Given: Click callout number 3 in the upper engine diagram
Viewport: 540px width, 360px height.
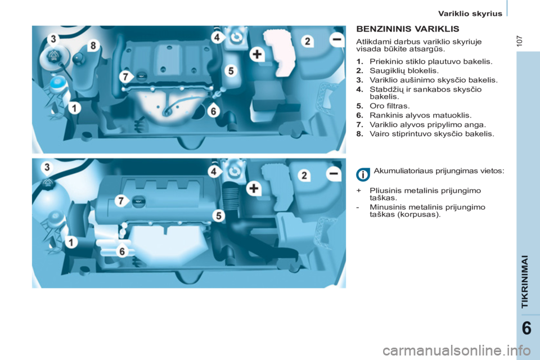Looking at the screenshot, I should [53, 39].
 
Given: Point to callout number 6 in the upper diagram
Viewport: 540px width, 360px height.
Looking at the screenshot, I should [213, 111].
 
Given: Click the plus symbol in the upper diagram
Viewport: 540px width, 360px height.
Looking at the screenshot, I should [256, 55].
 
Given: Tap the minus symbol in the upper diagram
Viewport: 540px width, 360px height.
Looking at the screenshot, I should [337, 39].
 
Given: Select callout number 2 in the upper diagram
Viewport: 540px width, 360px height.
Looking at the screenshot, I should [308, 41].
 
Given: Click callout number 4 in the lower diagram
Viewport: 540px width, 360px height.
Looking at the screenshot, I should [214, 170].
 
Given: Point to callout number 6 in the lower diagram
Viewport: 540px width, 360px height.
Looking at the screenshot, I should [121, 252].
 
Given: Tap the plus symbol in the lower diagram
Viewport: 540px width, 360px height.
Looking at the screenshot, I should [254, 188].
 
